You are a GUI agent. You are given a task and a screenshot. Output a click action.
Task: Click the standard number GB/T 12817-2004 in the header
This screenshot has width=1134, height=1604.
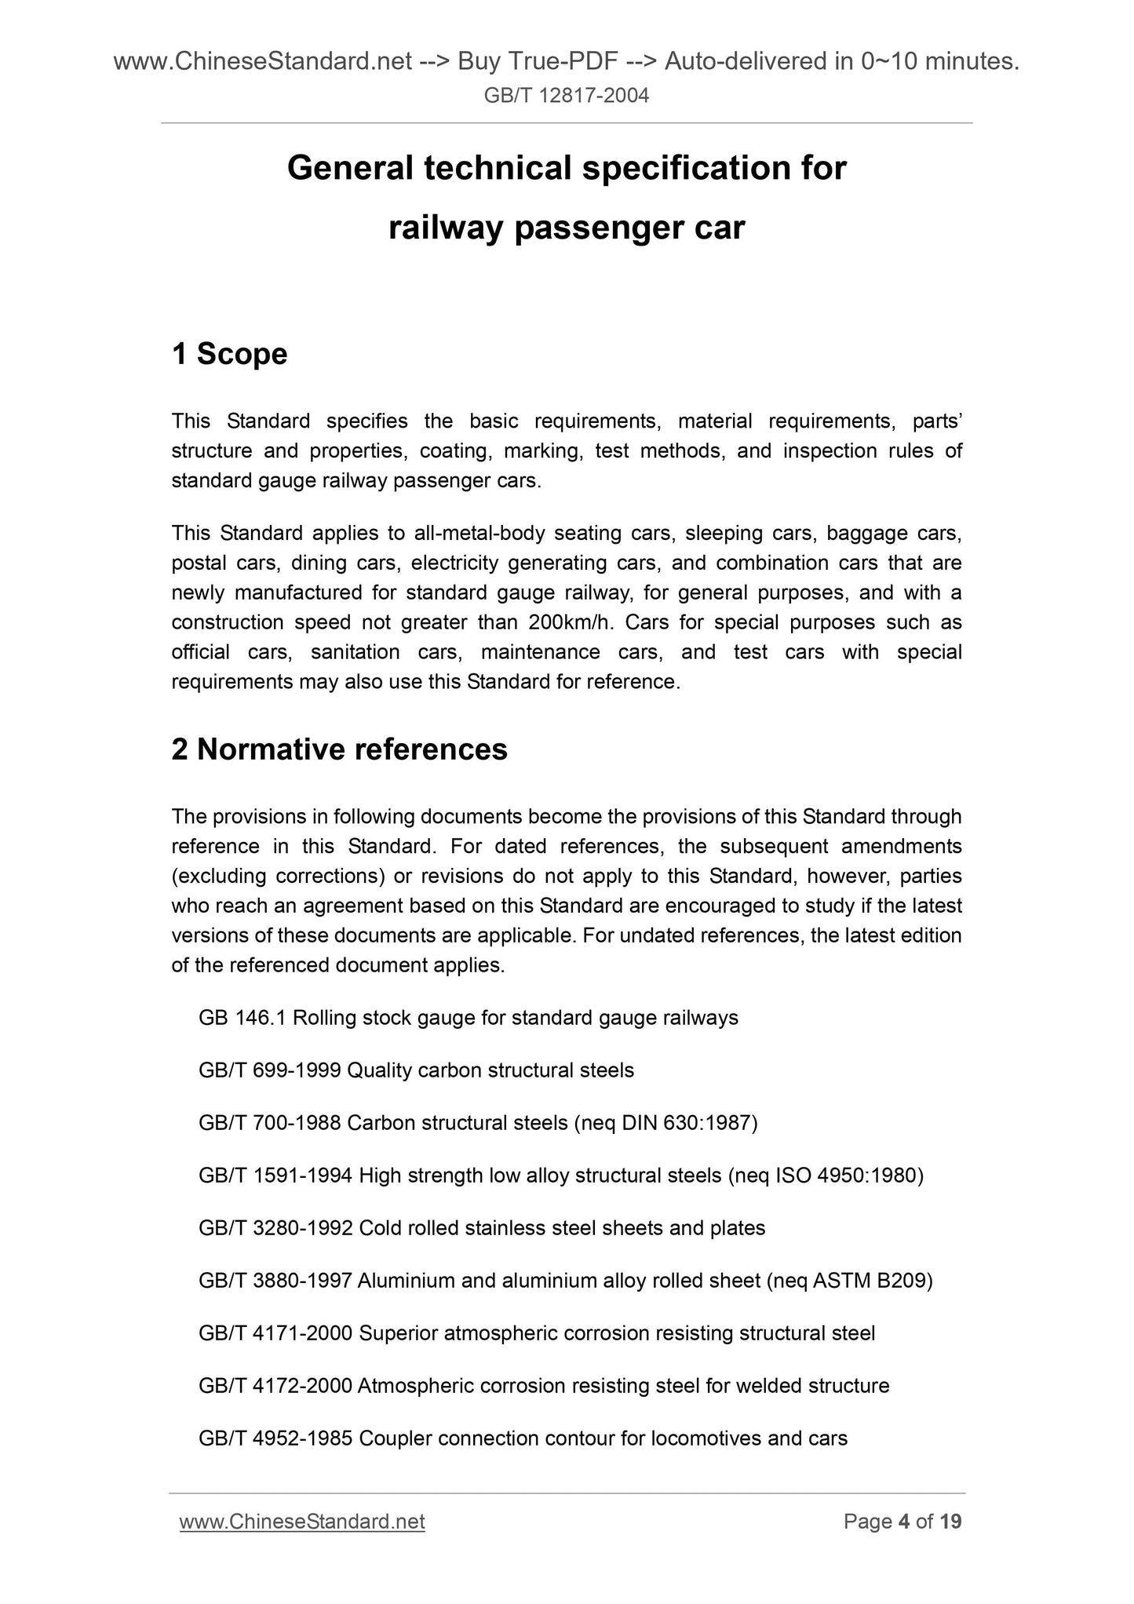[567, 97]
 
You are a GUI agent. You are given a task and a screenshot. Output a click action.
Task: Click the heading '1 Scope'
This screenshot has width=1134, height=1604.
[229, 354]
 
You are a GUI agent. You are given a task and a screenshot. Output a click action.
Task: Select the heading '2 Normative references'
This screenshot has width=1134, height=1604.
[339, 749]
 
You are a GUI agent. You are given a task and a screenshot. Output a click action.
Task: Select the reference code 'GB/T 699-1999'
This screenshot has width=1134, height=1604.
[269, 1070]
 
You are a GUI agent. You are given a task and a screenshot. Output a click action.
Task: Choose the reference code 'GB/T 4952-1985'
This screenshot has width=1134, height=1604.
[275, 1438]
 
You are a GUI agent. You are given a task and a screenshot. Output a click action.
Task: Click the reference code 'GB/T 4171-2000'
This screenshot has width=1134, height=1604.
[275, 1333]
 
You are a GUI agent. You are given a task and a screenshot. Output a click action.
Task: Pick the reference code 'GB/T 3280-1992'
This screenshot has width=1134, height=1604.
[275, 1228]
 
